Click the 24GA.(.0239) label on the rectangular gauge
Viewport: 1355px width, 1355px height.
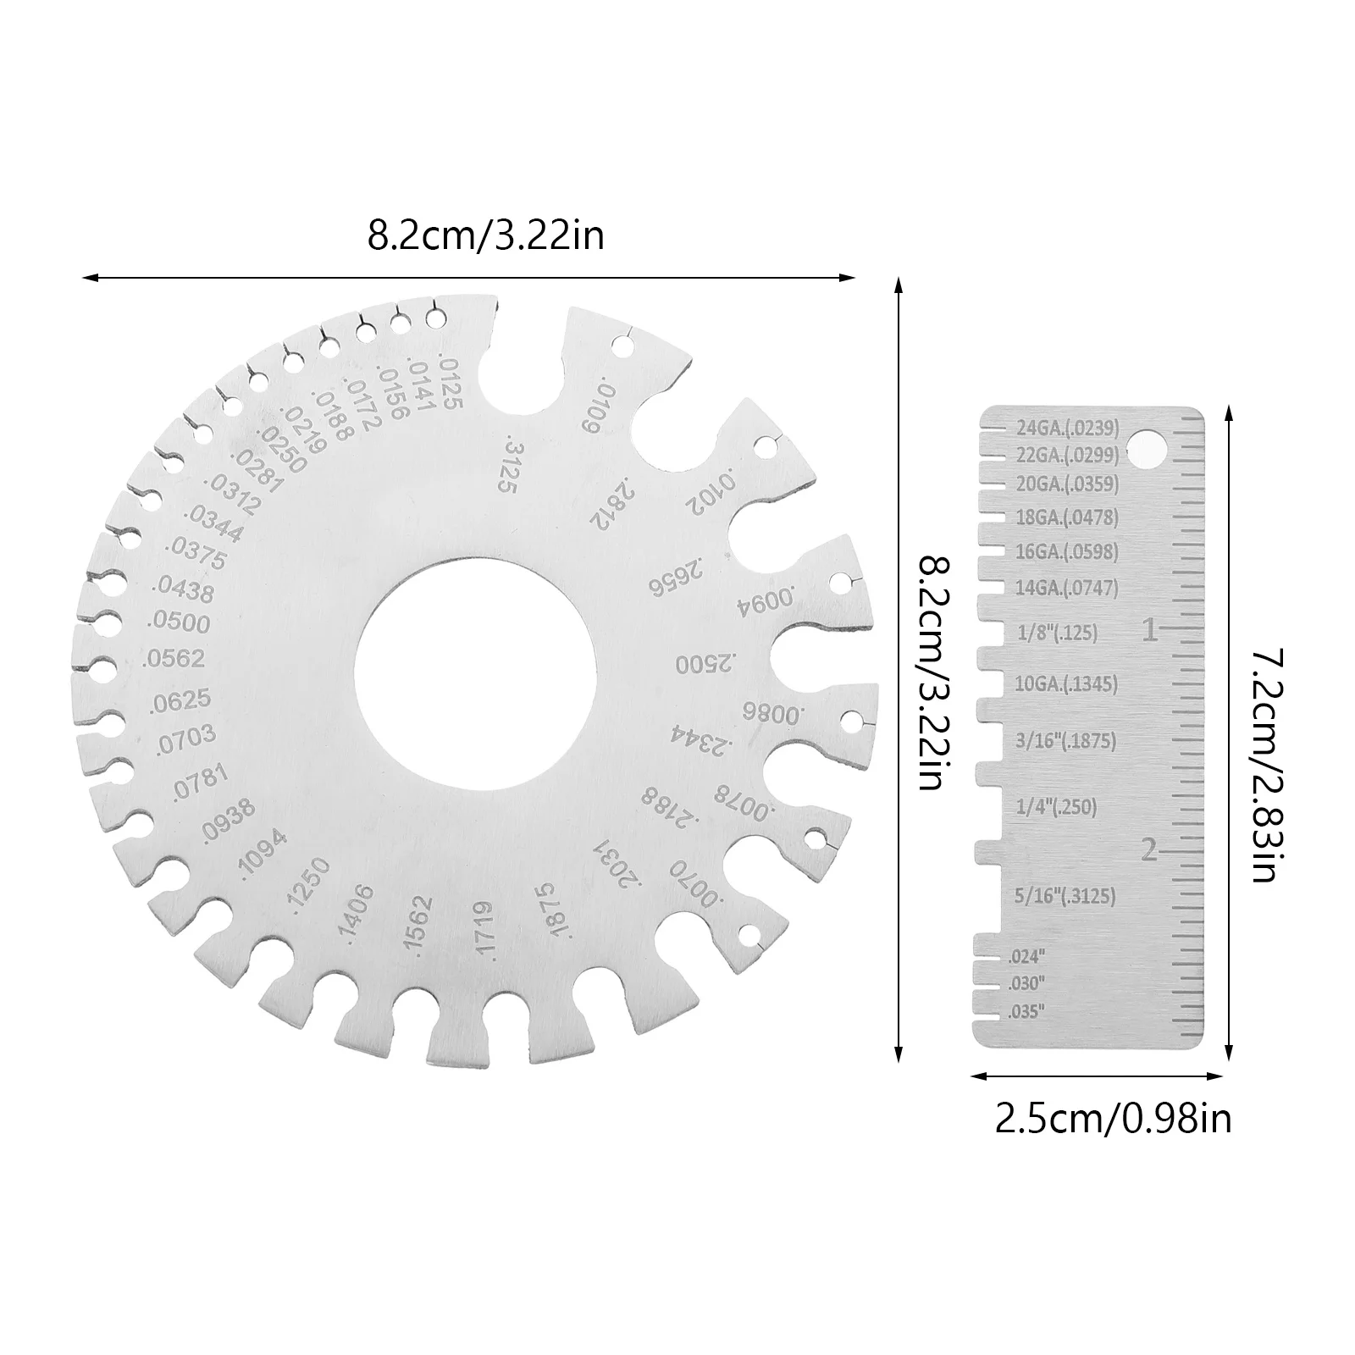tap(1068, 428)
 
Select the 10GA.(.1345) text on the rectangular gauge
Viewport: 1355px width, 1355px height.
tap(1065, 684)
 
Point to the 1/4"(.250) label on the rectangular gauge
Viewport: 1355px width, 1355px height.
tap(1056, 807)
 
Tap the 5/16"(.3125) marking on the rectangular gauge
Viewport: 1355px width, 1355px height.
tap(1065, 895)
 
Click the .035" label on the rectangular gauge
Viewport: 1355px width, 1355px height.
tap(1027, 1011)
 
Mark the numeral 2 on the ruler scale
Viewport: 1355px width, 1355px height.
tap(1149, 849)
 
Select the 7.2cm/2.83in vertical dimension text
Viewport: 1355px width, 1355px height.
tap(1264, 765)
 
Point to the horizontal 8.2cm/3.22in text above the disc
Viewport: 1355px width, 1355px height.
tap(485, 235)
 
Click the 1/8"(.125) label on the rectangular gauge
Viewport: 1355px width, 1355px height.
tap(1056, 633)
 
